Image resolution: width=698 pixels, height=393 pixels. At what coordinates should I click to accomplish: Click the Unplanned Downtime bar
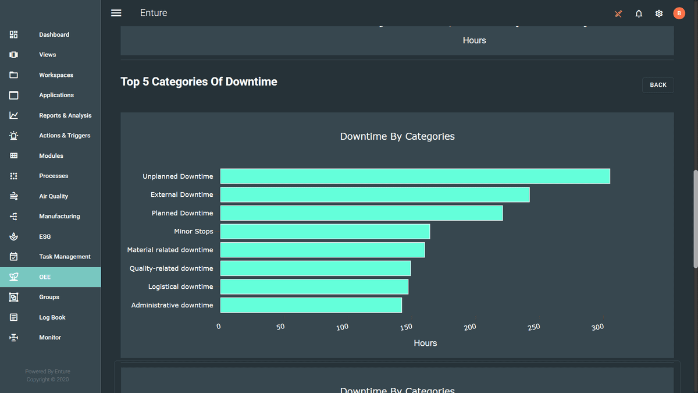click(x=415, y=176)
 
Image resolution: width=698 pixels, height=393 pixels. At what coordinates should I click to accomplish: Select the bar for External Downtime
click(x=375, y=194)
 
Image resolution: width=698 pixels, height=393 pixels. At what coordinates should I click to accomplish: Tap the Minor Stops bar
click(x=325, y=232)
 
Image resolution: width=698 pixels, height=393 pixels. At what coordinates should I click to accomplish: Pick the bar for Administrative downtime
click(x=311, y=305)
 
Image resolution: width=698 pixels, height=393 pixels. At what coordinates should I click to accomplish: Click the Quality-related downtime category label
click(x=171, y=268)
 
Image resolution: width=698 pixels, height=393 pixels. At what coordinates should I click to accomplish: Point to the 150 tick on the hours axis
click(x=406, y=327)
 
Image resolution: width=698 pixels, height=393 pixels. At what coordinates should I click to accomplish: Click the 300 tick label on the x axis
click(x=597, y=327)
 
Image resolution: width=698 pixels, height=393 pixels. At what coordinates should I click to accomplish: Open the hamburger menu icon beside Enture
click(x=116, y=13)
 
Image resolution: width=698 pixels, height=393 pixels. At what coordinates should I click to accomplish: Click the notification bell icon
click(x=639, y=13)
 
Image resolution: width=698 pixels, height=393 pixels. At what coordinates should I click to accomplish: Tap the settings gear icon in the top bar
click(x=659, y=13)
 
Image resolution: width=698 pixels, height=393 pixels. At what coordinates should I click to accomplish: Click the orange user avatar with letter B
click(x=679, y=13)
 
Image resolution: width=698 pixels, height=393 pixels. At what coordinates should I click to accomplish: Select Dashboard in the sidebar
click(x=54, y=35)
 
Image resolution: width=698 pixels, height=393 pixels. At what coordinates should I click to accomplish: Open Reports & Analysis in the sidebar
click(x=65, y=115)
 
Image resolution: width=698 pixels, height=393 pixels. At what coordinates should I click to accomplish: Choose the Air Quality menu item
click(x=54, y=196)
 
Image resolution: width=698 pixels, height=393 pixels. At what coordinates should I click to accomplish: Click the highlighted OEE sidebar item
click(x=45, y=277)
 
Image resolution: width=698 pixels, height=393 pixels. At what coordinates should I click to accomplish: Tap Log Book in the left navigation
click(x=52, y=317)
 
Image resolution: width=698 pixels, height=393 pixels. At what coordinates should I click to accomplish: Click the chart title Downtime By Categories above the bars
click(x=397, y=136)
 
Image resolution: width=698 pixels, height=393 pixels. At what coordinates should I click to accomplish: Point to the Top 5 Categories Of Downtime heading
click(x=199, y=82)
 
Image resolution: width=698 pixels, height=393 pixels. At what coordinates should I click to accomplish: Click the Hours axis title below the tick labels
click(x=425, y=344)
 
